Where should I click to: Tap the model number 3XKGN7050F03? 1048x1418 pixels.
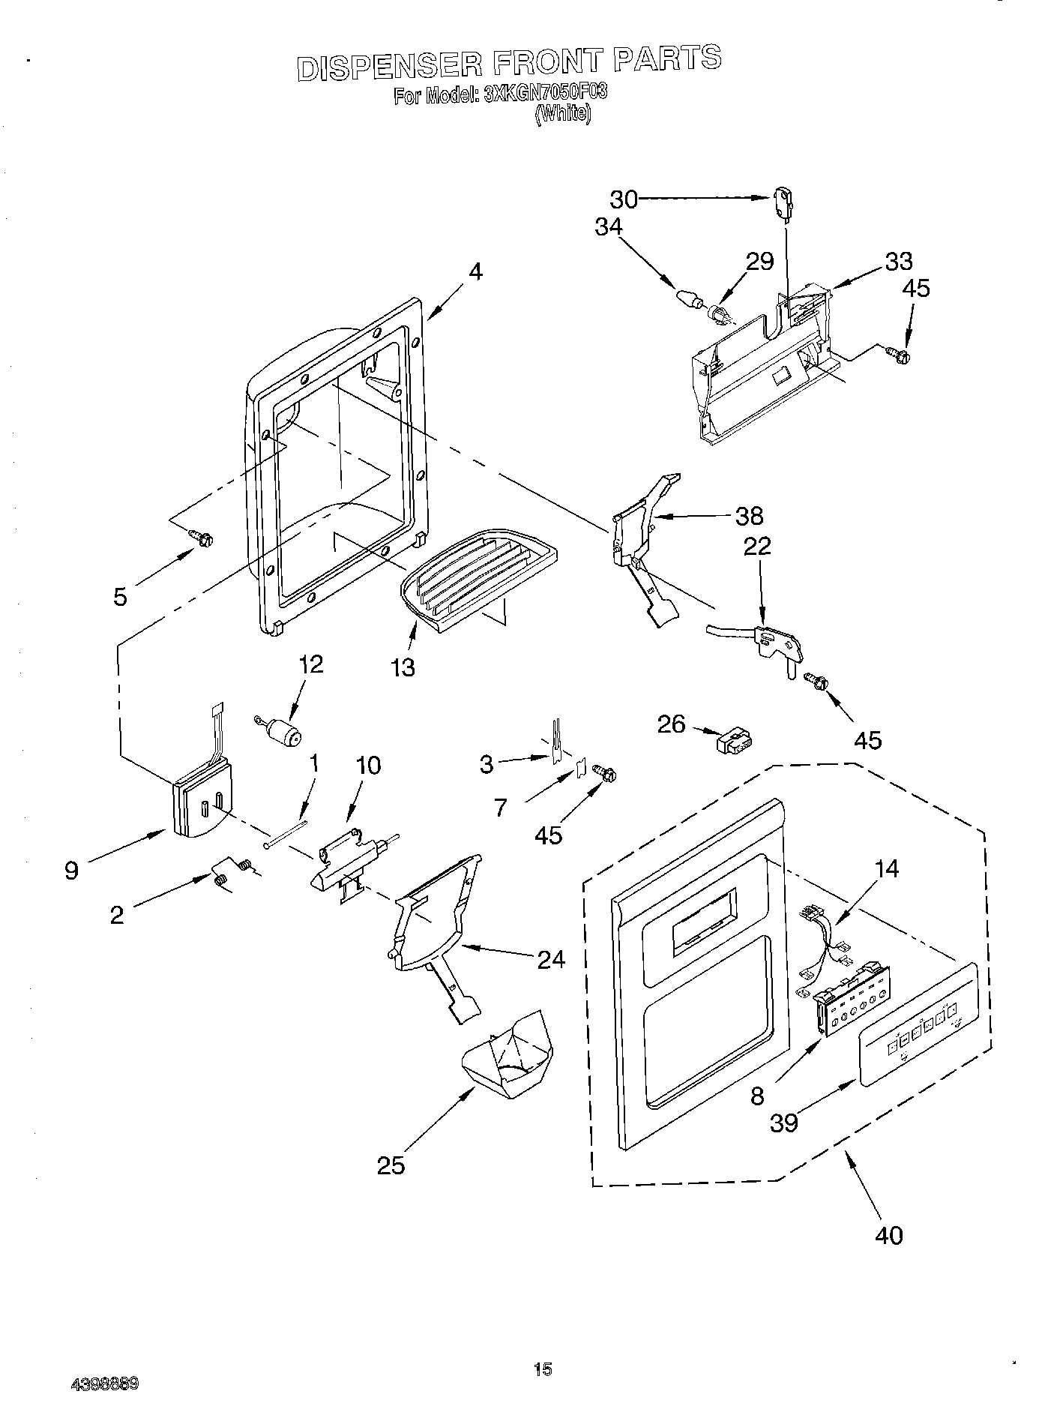click(x=546, y=94)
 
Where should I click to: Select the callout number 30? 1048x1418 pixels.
click(x=623, y=199)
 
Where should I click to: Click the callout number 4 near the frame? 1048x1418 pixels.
click(x=475, y=272)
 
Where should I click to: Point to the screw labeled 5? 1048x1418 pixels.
click(x=202, y=538)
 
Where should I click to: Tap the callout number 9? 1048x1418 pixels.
click(x=71, y=871)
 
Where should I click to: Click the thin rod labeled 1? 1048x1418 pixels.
click(x=286, y=833)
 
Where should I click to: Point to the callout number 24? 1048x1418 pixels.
click(x=551, y=959)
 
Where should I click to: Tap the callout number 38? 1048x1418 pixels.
click(x=749, y=515)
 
